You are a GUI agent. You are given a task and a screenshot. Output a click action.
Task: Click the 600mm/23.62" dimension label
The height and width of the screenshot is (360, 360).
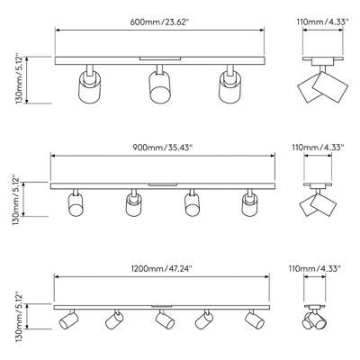pyautogui.click(x=159, y=22)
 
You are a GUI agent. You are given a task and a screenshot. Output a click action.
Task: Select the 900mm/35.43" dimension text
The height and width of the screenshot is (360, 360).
pyautogui.click(x=162, y=148)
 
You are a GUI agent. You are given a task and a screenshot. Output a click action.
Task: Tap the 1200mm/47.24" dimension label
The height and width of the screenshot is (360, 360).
pyautogui.click(x=161, y=268)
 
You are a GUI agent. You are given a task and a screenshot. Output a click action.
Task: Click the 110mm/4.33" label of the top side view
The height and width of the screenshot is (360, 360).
pyautogui.click(x=322, y=22)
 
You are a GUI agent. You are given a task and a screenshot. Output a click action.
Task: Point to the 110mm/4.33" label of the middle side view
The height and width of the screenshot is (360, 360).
pyautogui.click(x=318, y=148)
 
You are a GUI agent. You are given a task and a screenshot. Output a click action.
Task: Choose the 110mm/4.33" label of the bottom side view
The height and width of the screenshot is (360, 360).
pyautogui.click(x=315, y=268)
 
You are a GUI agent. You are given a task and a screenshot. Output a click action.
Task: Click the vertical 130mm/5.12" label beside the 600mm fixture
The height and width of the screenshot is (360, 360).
pyautogui.click(x=19, y=79)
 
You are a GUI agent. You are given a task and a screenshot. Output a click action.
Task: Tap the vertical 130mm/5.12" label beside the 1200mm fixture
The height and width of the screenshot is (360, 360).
pyautogui.click(x=19, y=317)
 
